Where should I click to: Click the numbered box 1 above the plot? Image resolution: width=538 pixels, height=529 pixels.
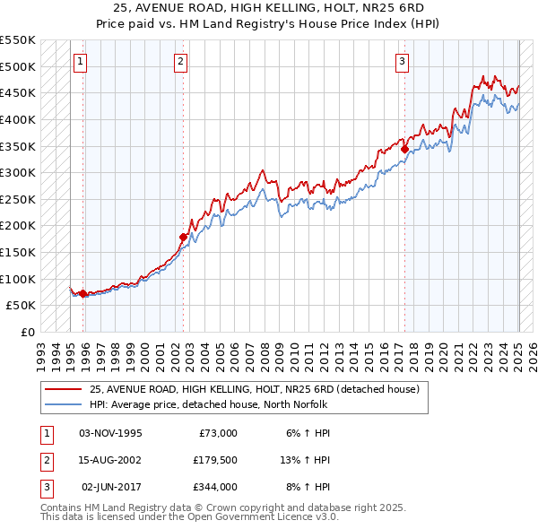[x=81, y=62]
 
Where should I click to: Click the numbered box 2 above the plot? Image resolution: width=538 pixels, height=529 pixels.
[x=181, y=62]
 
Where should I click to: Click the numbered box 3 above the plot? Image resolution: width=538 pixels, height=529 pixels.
[x=403, y=62]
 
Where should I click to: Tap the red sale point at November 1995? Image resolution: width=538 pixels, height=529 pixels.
[x=83, y=293]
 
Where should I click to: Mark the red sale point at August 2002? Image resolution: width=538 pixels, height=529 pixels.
[x=184, y=237]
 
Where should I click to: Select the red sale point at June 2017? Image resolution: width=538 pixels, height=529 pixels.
[x=404, y=150]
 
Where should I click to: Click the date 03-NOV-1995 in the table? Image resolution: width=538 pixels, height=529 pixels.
[x=110, y=433]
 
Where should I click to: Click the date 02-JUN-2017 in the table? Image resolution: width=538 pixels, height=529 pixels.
[x=111, y=487]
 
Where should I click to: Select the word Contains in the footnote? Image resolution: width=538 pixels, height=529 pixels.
[x=61, y=507]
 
